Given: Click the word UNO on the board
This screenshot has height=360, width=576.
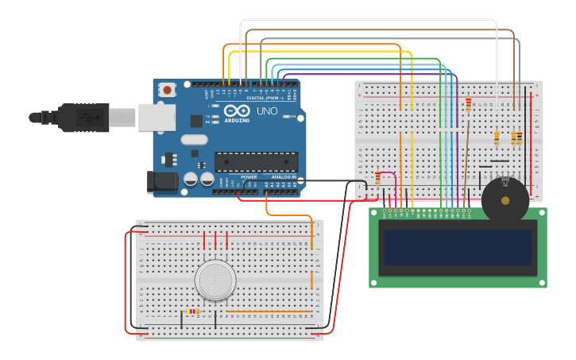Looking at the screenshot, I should [x=268, y=111].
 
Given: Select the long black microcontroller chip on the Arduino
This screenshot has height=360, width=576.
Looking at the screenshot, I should [x=256, y=162].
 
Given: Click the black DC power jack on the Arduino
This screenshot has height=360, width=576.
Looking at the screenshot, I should [x=162, y=182].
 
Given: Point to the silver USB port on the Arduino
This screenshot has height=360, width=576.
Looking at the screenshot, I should [x=157, y=117].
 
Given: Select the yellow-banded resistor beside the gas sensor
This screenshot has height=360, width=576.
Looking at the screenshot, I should [x=192, y=312].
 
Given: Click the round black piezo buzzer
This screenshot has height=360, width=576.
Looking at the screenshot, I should [x=504, y=200].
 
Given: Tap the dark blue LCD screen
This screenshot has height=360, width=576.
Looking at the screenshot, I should [x=457, y=248].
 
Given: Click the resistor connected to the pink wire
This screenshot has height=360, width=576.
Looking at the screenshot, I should [x=378, y=178].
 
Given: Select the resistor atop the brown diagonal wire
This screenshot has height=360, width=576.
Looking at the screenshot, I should [x=468, y=104].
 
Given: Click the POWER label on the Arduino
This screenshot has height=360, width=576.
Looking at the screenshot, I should [x=249, y=176].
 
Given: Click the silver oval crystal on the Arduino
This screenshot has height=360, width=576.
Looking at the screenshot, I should [x=194, y=140].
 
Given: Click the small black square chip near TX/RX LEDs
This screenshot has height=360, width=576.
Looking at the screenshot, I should [x=196, y=121].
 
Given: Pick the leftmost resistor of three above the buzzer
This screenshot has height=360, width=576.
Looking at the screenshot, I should [x=497, y=138].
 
